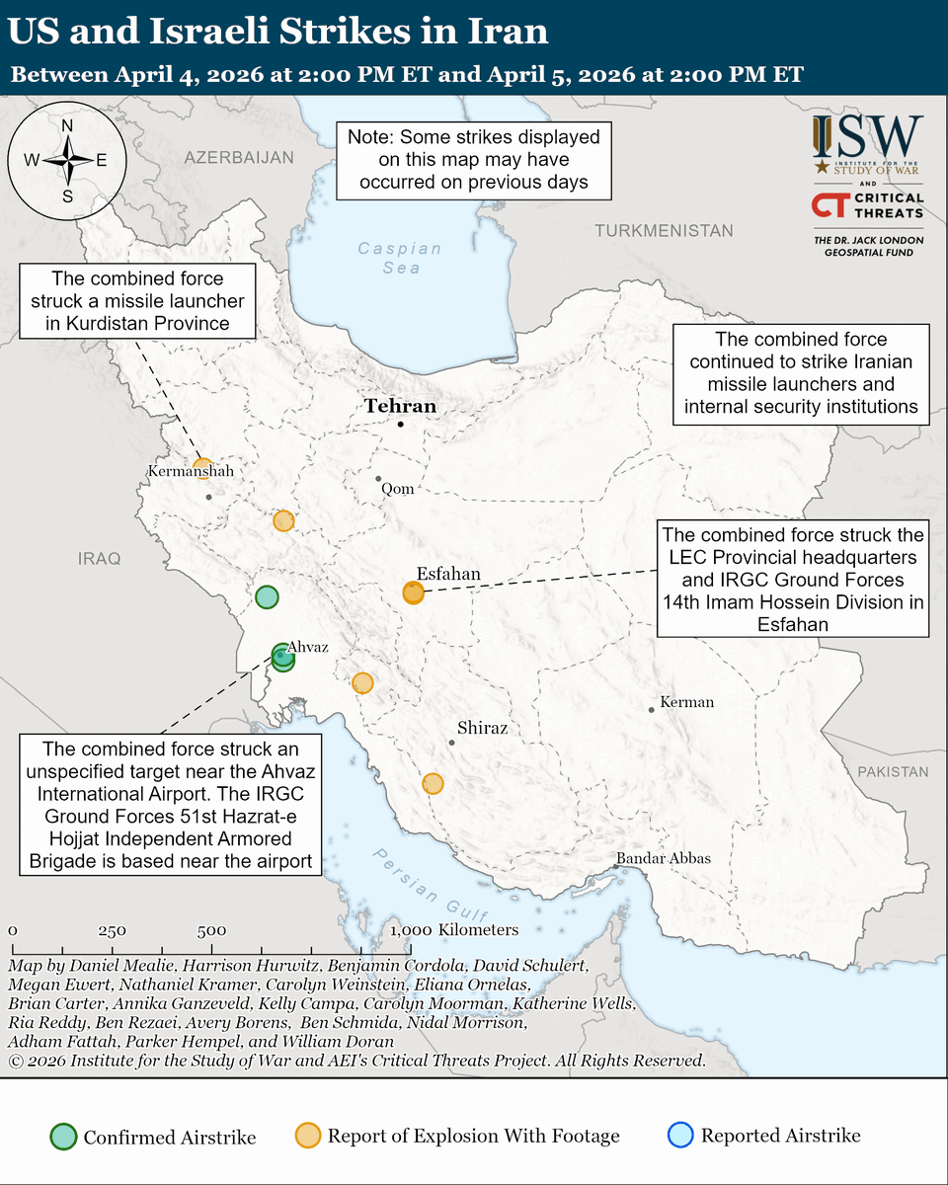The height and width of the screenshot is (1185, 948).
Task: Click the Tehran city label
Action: (x=400, y=406)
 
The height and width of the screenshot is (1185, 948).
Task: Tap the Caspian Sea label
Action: (x=389, y=258)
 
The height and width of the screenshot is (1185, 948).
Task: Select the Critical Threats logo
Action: (x=867, y=204)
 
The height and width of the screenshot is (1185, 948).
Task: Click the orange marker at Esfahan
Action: (x=413, y=592)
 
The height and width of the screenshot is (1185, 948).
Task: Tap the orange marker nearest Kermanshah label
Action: (x=202, y=467)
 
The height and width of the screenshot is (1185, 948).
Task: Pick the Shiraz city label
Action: (x=483, y=728)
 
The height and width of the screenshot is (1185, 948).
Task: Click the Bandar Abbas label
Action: (x=664, y=858)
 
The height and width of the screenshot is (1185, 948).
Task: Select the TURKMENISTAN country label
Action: (x=664, y=231)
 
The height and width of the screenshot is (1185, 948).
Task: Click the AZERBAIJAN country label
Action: (x=239, y=157)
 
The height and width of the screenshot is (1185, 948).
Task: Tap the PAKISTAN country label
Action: (x=893, y=771)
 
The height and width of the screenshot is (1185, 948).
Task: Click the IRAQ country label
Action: (x=99, y=559)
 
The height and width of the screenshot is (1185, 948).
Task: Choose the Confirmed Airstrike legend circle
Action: (x=64, y=1137)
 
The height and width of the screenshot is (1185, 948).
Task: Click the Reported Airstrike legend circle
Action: (x=682, y=1136)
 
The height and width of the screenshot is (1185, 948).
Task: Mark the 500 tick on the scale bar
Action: (x=211, y=930)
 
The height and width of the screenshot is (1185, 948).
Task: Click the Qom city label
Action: (x=399, y=489)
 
